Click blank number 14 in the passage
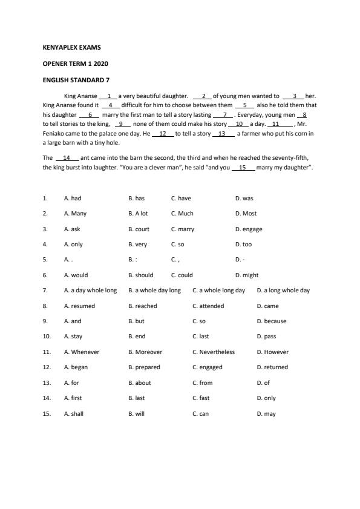(x=67, y=158)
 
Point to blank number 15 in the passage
(x=243, y=167)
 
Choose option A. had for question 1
(x=72, y=198)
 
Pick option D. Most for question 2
(x=246, y=214)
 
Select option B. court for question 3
(x=139, y=229)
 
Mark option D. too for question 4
(x=243, y=245)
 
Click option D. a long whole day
(x=283, y=291)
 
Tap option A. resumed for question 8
(x=79, y=306)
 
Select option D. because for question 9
(x=271, y=321)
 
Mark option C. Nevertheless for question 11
(x=213, y=352)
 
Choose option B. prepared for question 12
(x=144, y=367)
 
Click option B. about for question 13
(x=139, y=383)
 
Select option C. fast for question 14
(x=200, y=398)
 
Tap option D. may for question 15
(x=266, y=414)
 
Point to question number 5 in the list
(x=45, y=260)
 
